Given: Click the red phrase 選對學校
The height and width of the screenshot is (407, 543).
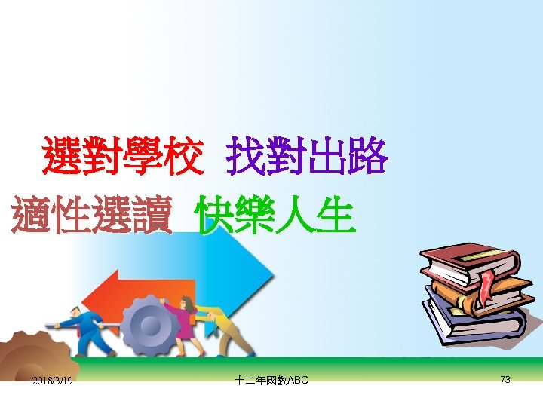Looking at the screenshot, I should [122, 156].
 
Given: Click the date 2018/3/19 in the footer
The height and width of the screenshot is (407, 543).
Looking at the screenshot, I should [53, 381].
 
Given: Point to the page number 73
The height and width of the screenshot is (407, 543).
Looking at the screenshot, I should [505, 380].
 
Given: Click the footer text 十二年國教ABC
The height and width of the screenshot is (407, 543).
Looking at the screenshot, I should [271, 381].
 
